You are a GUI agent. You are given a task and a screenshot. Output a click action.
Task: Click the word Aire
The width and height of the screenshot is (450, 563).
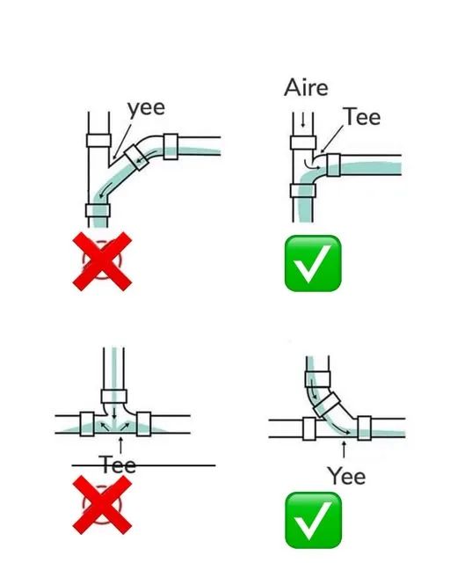(306, 88)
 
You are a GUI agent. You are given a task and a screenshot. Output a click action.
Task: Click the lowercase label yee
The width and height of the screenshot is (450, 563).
(146, 108)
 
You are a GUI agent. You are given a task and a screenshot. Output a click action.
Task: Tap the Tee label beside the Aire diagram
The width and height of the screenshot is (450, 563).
(362, 116)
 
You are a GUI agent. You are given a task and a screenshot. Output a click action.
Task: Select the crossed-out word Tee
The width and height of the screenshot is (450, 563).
(118, 465)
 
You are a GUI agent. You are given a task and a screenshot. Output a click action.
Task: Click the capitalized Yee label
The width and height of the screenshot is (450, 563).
(346, 476)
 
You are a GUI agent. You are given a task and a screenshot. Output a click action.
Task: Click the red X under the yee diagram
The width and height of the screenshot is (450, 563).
(102, 261)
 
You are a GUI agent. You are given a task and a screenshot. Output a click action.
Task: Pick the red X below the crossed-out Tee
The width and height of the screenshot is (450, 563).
(102, 505)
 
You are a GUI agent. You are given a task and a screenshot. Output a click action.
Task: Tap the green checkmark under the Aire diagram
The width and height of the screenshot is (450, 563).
(313, 263)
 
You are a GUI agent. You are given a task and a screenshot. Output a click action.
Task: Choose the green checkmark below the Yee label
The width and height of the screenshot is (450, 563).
(313, 520)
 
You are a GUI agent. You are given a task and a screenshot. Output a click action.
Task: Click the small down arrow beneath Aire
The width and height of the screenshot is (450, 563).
(303, 121)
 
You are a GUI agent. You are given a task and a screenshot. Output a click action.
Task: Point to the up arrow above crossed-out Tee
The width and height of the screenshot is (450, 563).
(120, 445)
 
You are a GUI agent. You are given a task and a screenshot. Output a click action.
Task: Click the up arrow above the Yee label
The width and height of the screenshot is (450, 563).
(344, 450)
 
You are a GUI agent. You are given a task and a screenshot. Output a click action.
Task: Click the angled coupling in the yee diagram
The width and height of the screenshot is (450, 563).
(136, 157)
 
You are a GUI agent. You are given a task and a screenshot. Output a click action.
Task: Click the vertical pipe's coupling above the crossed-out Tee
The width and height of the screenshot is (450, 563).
(114, 397)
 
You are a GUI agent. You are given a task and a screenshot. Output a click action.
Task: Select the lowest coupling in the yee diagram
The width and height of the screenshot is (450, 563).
(98, 210)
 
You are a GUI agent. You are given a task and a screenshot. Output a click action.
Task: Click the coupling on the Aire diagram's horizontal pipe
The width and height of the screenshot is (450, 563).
(333, 165)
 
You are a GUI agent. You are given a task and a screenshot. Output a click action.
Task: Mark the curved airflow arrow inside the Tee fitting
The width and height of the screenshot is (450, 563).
(312, 164)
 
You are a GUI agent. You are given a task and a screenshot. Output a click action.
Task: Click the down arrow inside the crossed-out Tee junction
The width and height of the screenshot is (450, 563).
(114, 413)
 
